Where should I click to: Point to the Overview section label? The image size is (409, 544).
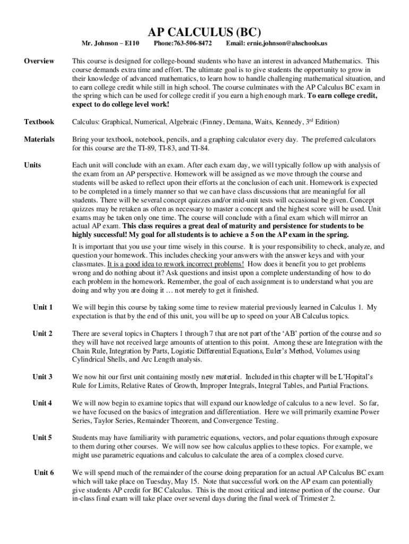pos(39,61)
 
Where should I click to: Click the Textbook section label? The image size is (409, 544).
pos(39,122)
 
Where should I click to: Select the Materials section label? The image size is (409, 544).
pos(39,139)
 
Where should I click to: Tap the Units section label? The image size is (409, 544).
pos(32,165)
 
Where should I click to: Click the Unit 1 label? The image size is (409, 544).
pos(42,308)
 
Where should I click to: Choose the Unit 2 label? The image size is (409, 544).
pos(42,334)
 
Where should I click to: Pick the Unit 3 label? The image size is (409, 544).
pos(42,377)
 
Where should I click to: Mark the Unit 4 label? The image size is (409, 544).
pos(42,403)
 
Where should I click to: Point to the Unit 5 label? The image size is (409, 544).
pos(42,438)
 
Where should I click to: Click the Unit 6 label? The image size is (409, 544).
pos(43,472)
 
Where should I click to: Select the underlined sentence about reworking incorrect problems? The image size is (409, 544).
pos(175,264)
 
